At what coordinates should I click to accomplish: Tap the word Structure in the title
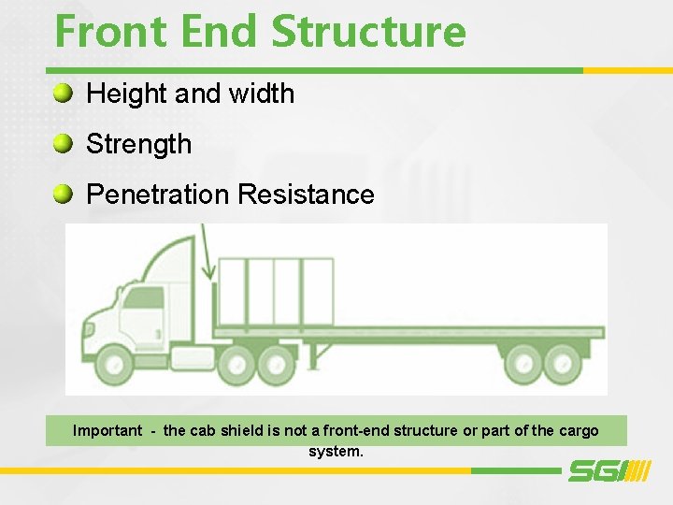point(368,32)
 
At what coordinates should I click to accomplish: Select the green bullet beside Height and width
point(63,93)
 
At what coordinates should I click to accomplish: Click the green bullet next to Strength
point(63,143)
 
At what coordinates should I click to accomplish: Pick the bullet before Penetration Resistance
point(63,194)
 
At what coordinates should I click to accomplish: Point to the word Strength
point(138,144)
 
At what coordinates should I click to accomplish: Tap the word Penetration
point(158,195)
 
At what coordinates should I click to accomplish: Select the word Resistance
point(307,195)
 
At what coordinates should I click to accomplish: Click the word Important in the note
point(107,431)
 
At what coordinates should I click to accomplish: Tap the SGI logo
point(609,470)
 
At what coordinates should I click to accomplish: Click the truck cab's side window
point(143,300)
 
